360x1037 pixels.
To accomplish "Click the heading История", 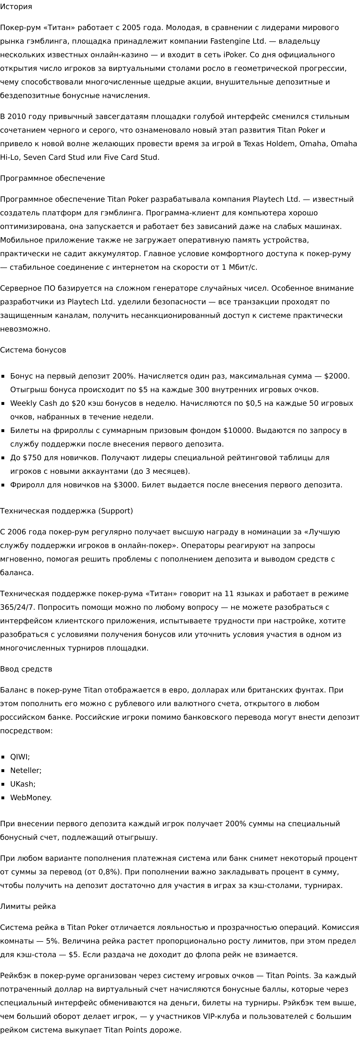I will click(16, 7).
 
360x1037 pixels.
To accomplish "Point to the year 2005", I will click(131, 28).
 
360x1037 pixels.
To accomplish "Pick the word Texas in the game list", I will click(254, 144).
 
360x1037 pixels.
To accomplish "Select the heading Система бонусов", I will click(33, 350).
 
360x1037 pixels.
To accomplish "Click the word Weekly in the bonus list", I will click(24, 403).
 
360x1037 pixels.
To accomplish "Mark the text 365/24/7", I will click(18, 607).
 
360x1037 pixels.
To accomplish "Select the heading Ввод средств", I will click(26, 669).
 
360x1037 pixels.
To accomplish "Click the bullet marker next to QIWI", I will click(3, 757).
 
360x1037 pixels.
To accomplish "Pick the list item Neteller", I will click(26, 770).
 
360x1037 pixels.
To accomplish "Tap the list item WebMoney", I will click(31, 798).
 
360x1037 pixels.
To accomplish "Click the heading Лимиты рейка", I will click(28, 907).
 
